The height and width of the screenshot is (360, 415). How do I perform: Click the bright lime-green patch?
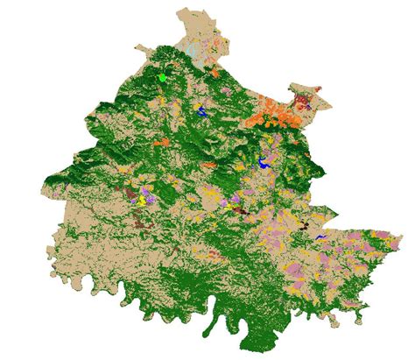click(162, 78)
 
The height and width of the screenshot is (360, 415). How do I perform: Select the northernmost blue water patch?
click(201, 111)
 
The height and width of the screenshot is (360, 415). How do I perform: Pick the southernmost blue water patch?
click(321, 236)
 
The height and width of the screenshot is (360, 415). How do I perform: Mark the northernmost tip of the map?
click(183, 11)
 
